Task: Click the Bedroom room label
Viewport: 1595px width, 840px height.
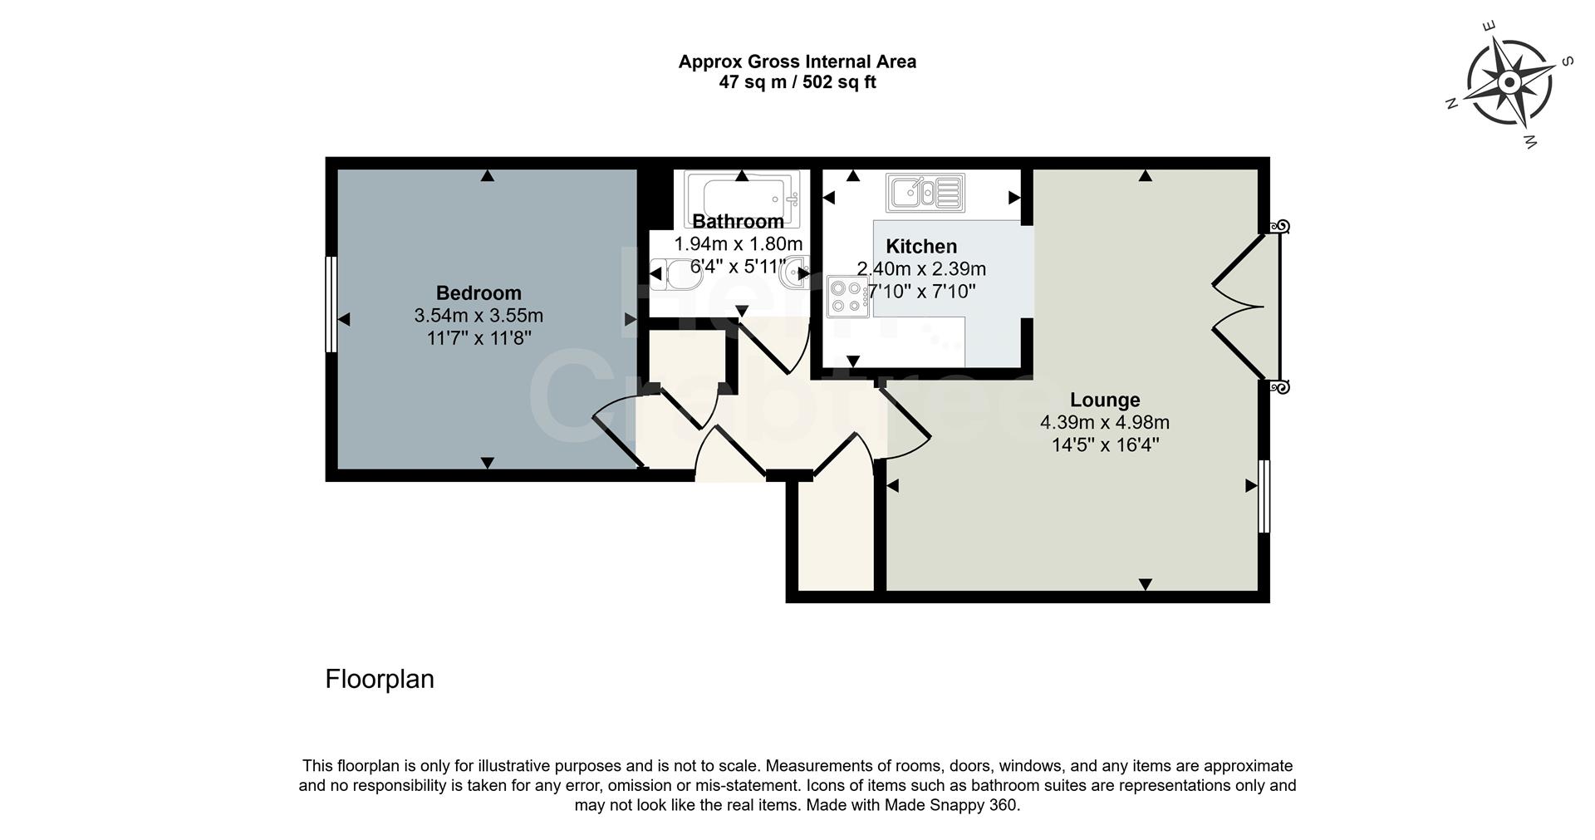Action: tap(478, 292)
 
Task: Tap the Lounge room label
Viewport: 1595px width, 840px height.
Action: tap(1104, 400)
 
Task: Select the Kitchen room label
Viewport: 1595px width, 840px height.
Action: tap(921, 246)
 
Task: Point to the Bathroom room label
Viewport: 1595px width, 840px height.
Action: tap(738, 221)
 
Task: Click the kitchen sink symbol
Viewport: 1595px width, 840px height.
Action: tap(925, 193)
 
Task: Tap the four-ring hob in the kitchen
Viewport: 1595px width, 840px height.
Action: tap(847, 297)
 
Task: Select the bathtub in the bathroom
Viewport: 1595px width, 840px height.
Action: tap(742, 197)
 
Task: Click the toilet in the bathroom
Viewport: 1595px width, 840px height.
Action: tap(670, 272)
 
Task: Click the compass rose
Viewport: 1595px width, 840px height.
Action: tap(1509, 83)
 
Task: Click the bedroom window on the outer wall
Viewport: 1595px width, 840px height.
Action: tap(331, 303)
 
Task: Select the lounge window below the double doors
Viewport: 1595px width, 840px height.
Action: tap(1264, 496)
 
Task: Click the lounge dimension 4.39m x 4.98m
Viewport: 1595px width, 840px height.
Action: tap(1104, 423)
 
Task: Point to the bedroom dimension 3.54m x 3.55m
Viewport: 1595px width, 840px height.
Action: tap(478, 316)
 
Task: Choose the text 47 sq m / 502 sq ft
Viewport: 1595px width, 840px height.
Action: tap(797, 82)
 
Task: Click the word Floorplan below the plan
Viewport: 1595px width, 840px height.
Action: tap(380, 679)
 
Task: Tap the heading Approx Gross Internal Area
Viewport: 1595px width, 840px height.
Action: tap(797, 61)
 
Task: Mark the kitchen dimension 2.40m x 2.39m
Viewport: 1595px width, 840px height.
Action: tap(921, 269)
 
